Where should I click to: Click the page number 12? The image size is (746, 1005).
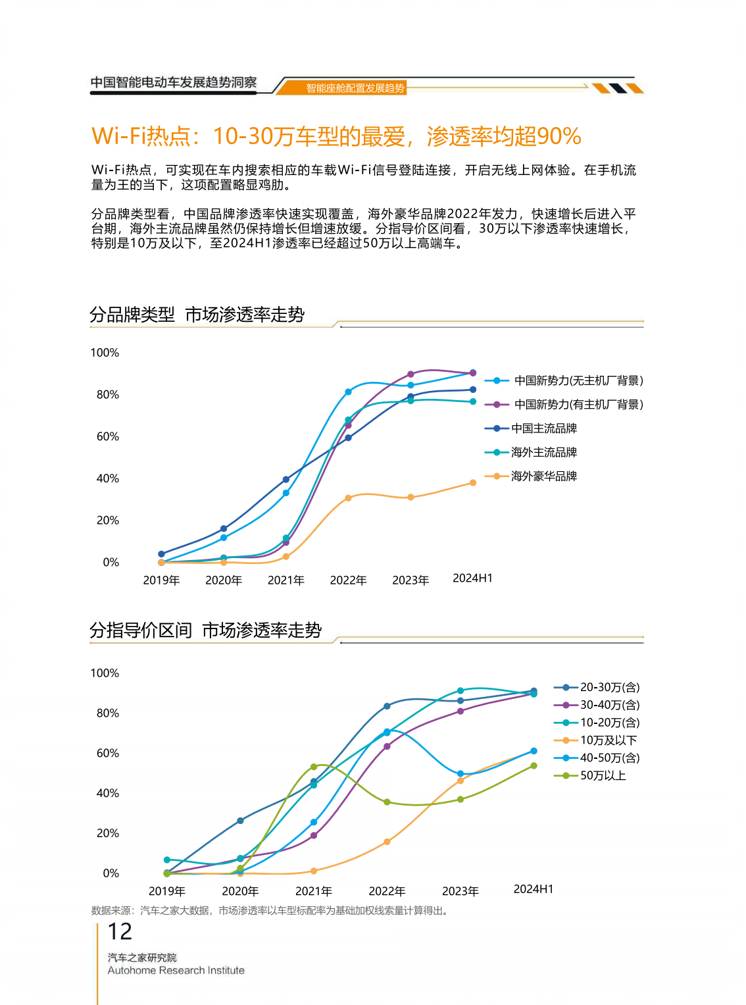tap(120, 931)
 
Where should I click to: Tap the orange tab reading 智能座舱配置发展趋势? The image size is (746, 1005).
tap(355, 88)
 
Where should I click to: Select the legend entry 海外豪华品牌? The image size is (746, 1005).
tap(543, 476)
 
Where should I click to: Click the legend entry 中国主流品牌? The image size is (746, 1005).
tap(543, 428)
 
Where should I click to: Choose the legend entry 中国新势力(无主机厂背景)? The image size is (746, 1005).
tap(578, 380)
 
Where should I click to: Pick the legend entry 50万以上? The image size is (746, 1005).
tap(603, 775)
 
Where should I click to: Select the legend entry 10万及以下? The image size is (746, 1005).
tap(608, 740)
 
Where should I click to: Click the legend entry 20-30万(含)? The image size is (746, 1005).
tap(609, 687)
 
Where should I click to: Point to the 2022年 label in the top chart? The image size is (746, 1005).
tap(348, 580)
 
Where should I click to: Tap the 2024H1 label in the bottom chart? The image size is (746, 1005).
tap(533, 889)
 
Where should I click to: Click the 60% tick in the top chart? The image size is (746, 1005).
tap(108, 436)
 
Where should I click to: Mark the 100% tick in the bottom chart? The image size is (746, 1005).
tap(105, 673)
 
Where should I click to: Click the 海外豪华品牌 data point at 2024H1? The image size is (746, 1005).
tap(473, 482)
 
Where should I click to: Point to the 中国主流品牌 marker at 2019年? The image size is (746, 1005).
tap(161, 554)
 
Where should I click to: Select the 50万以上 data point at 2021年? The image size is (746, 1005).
tap(314, 767)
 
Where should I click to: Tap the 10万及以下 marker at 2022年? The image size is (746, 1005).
tap(387, 842)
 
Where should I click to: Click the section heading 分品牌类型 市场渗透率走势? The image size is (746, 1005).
tap(197, 315)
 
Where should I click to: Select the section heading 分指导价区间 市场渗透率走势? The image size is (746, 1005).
tap(205, 631)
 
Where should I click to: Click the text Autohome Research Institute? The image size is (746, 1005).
tap(176, 970)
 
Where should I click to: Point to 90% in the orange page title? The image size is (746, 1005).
tap(559, 136)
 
